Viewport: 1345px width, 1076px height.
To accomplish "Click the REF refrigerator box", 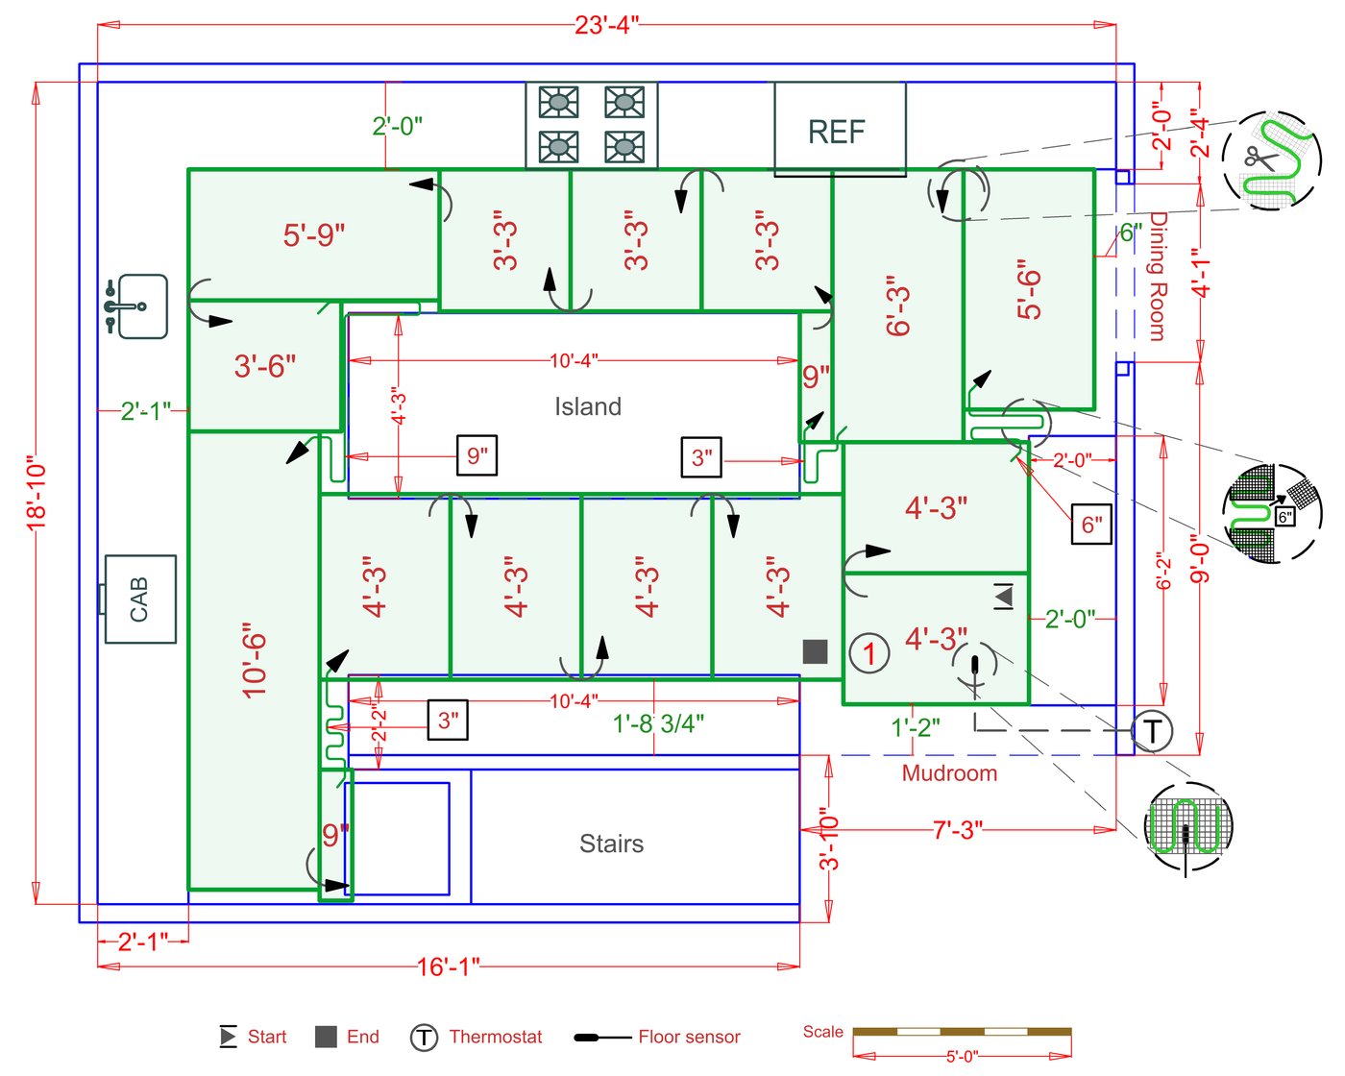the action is [x=840, y=129].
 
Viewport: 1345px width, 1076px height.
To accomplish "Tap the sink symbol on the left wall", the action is [x=136, y=306].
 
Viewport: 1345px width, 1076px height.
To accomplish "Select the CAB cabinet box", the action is [x=140, y=599].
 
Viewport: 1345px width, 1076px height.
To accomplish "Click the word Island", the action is [x=588, y=406].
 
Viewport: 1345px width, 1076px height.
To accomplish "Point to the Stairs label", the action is [x=611, y=844].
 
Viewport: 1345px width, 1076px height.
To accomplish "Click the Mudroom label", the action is [x=949, y=773].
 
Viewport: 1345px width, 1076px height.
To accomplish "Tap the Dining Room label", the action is [x=1158, y=276].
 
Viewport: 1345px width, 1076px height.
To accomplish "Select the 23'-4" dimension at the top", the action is [x=606, y=25].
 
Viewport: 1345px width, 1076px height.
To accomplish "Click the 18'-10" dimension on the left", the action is [x=37, y=497].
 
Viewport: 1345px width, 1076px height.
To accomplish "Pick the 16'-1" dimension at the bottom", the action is [x=448, y=966].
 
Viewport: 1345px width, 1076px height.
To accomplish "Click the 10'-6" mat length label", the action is [x=254, y=660].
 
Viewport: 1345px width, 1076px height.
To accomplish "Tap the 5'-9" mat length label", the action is [x=314, y=235].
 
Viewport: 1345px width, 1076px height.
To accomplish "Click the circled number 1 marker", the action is [x=868, y=653].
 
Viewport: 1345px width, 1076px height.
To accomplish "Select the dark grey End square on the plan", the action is [x=815, y=651].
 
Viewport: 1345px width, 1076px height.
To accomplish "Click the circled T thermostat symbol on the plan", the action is [x=1152, y=730].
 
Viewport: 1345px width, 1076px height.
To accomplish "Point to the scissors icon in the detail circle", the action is [x=1260, y=158].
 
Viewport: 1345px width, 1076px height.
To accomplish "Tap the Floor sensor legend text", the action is [x=689, y=1037].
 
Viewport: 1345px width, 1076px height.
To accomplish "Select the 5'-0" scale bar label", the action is [x=962, y=1056].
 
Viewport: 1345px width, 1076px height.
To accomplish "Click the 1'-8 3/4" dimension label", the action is [x=658, y=723].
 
